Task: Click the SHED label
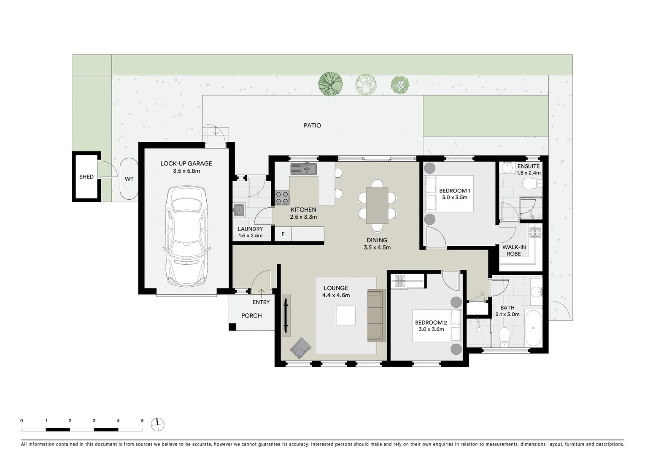point(86,176)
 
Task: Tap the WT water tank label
point(129,179)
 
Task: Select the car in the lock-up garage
point(186,236)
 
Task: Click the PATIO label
point(312,125)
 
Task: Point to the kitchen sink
point(303,169)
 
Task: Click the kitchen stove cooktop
point(282,198)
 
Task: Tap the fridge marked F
point(283,234)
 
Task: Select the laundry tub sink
point(239,210)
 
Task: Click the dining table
point(377,206)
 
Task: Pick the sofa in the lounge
point(376,316)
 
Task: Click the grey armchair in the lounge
point(300,348)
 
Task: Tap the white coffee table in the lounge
point(345,316)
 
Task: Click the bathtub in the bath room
point(533,328)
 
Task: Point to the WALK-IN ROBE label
point(514,250)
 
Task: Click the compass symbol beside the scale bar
point(157,425)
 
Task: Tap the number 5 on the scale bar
point(142,421)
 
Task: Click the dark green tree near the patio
point(330,84)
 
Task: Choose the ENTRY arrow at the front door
point(262,294)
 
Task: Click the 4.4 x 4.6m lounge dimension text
point(336,295)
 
